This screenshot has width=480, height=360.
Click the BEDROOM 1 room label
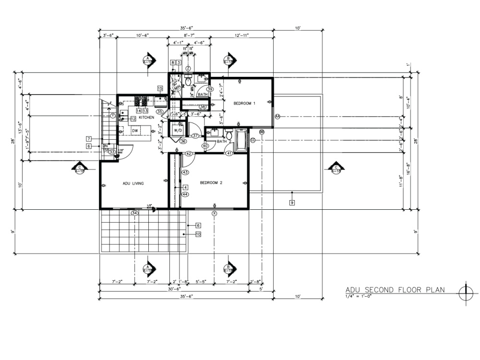(x=244, y=103)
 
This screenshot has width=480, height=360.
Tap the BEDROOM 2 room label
(x=211, y=183)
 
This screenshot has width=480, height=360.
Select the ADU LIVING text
(x=133, y=183)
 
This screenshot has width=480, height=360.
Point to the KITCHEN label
(x=146, y=118)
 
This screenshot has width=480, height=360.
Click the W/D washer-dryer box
(x=178, y=130)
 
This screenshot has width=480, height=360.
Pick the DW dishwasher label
(x=135, y=130)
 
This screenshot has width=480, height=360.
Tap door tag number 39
(x=210, y=89)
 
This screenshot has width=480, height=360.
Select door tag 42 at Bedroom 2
(x=189, y=154)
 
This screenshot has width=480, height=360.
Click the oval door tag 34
(x=135, y=213)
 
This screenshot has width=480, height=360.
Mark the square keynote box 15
(x=160, y=88)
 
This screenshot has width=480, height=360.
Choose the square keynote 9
(x=292, y=203)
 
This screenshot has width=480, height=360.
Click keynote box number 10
(x=197, y=234)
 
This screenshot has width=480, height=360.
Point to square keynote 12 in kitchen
(x=133, y=119)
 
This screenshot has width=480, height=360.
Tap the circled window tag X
(x=215, y=213)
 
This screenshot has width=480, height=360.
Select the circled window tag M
(x=277, y=117)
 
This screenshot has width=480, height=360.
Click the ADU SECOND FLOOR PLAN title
(x=395, y=289)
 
